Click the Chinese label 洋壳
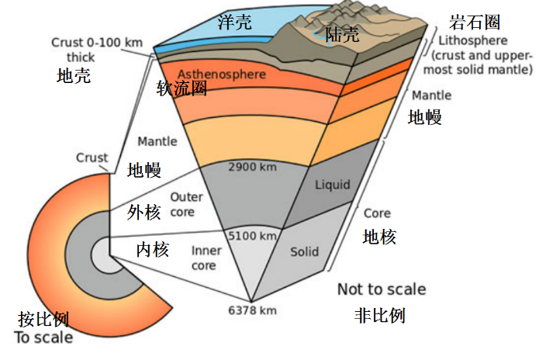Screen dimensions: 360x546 [234, 22]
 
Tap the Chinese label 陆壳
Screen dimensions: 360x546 [342, 34]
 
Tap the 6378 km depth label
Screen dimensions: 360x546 [252, 310]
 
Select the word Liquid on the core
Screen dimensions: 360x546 [332, 185]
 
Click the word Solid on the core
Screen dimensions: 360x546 [305, 252]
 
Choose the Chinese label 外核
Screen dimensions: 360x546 [146, 211]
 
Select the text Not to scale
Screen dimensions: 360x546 [382, 289]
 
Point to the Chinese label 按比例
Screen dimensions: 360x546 [44, 319]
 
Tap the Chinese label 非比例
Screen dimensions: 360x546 [380, 315]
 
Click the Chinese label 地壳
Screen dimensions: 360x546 [74, 76]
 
